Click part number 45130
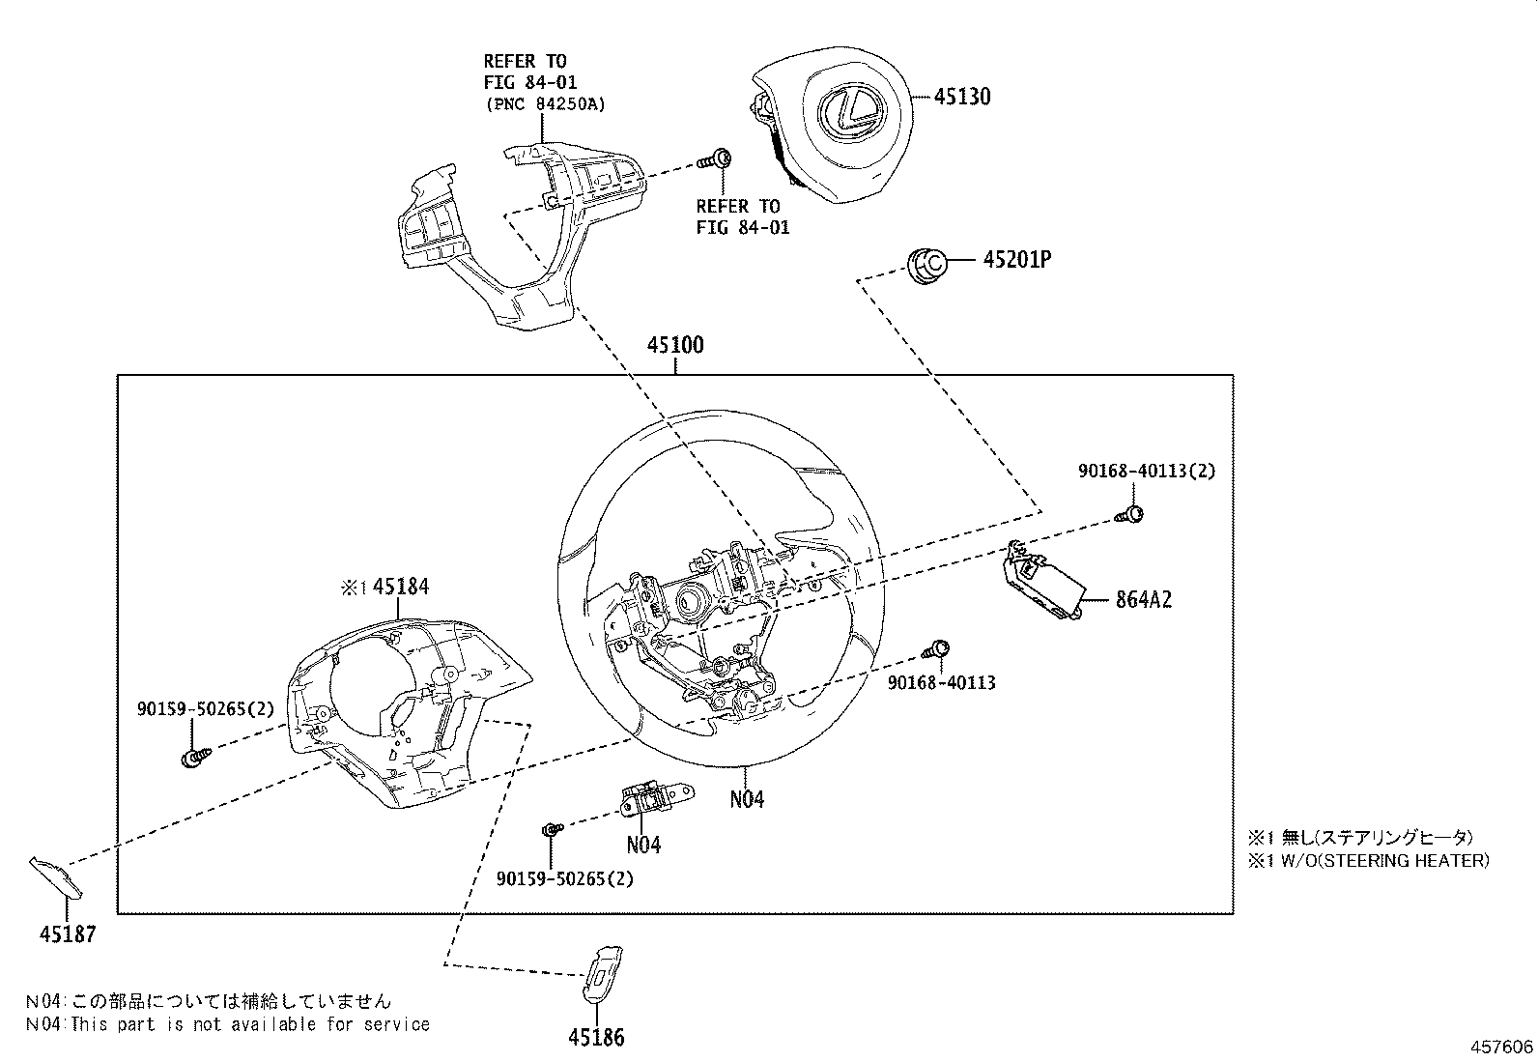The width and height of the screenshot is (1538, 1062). click(x=963, y=97)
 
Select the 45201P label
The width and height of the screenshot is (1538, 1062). click(x=1017, y=260)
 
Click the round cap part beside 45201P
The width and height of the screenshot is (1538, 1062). click(x=927, y=263)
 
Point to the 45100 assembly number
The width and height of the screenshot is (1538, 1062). click(x=675, y=345)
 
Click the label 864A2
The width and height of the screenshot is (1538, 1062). click(x=1144, y=599)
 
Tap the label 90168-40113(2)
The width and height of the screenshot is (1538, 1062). click(x=1147, y=471)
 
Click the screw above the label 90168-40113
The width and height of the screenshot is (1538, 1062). click(x=938, y=649)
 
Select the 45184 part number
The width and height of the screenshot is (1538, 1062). click(x=400, y=587)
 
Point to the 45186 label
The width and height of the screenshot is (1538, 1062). click(x=596, y=1037)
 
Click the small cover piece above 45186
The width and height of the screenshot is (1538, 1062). click(x=603, y=970)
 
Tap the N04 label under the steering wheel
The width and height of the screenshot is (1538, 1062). click(x=747, y=799)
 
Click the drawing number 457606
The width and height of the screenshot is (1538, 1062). click(x=1502, y=1048)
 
